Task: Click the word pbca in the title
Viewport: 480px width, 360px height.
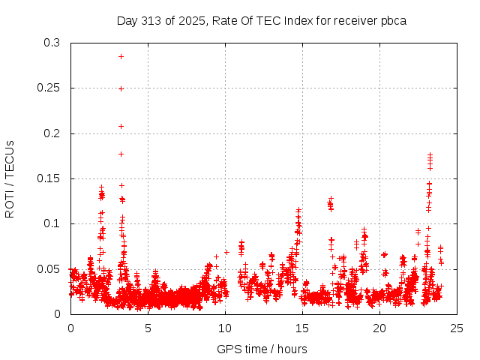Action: (393, 21)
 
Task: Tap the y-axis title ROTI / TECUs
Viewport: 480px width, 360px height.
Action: (10, 178)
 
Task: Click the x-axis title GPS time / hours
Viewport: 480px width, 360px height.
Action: (262, 349)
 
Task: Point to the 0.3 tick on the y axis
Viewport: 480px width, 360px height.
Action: (52, 43)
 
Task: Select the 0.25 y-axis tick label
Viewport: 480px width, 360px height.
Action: (49, 88)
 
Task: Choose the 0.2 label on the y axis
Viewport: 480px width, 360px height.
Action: (52, 133)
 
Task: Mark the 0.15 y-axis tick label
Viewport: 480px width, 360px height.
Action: (49, 178)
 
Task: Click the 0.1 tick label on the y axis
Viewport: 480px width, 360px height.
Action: (52, 223)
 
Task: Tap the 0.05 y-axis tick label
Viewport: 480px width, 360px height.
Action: (49, 268)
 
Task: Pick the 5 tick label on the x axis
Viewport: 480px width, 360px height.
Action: (148, 328)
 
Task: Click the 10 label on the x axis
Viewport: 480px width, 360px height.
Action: (225, 328)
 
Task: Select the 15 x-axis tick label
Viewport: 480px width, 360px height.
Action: (302, 328)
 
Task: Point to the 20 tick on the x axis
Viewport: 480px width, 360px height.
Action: (379, 328)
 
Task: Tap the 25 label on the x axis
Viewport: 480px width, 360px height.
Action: (457, 328)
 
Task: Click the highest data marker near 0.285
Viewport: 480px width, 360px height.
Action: (121, 56)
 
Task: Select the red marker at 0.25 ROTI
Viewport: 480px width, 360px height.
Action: (121, 88)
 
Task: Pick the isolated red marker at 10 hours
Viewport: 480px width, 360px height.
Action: (226, 252)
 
